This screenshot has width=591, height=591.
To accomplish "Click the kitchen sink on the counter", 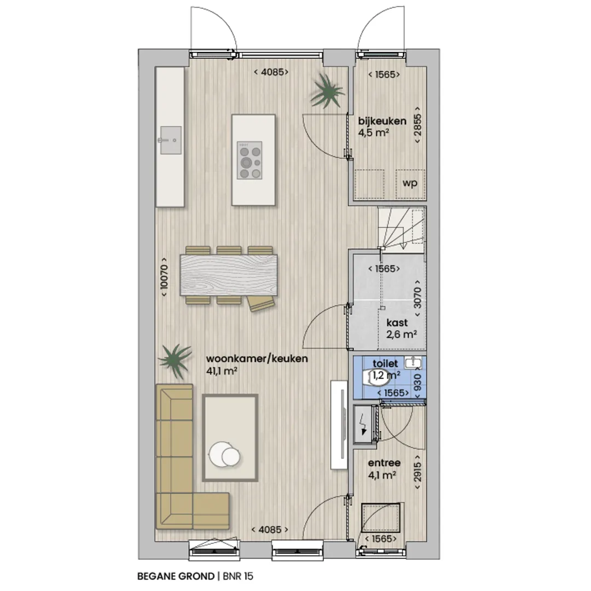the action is tap(170, 140).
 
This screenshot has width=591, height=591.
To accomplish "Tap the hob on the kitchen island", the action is tap(250, 160).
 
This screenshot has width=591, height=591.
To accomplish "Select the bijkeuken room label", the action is tap(382, 121).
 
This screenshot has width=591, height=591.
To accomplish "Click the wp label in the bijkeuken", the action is tap(410, 183).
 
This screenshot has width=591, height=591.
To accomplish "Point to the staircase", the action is tap(402, 230).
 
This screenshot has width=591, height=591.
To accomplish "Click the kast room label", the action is tap(397, 323).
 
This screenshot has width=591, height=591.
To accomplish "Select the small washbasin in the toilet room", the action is tap(413, 362).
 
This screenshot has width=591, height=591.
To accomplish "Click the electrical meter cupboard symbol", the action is tap(364, 425).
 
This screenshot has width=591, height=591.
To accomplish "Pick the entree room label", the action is tap(384, 463).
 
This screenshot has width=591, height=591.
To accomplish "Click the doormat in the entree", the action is tap(381, 518).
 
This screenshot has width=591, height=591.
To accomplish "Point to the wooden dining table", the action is tap(229, 275).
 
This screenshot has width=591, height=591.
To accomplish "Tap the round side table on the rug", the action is tap(225, 454).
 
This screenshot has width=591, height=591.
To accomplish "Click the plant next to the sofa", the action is tap(175, 360).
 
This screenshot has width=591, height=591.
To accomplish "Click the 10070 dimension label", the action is tap(164, 277).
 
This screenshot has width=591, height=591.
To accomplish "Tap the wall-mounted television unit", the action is tap(339, 425).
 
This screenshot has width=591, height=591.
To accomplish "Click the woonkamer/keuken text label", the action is tap(257, 359).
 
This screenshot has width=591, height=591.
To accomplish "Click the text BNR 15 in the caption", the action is tap(238, 576).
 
